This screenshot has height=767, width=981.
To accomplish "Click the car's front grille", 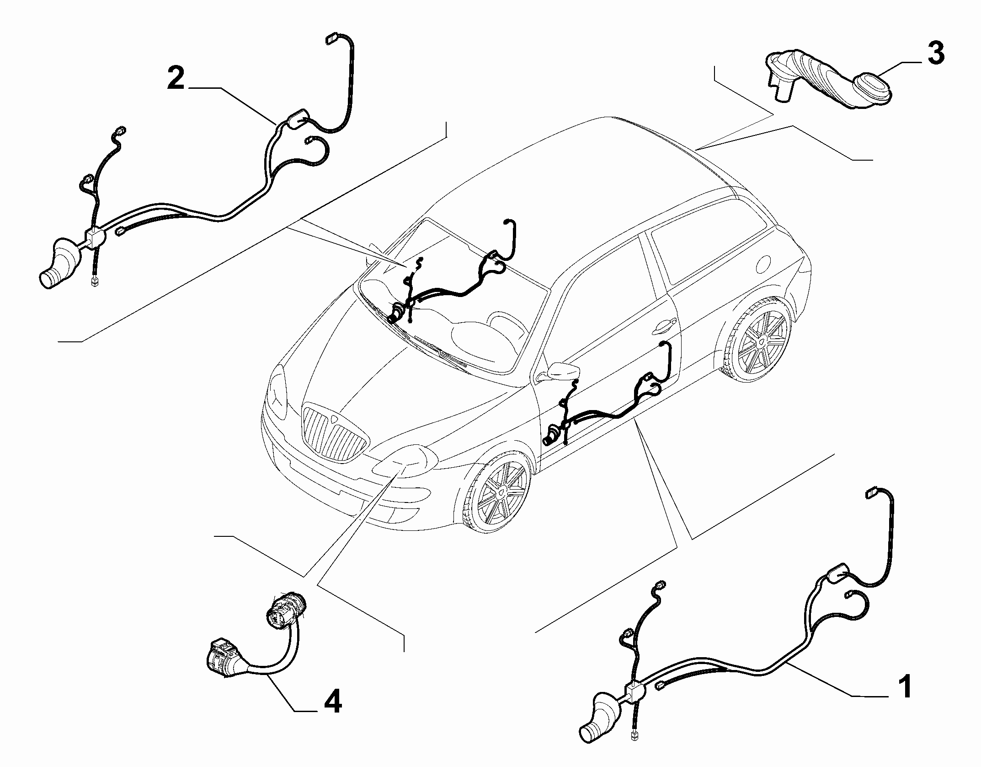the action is tap(335, 432).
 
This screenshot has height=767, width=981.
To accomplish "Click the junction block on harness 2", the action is tap(96, 238).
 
